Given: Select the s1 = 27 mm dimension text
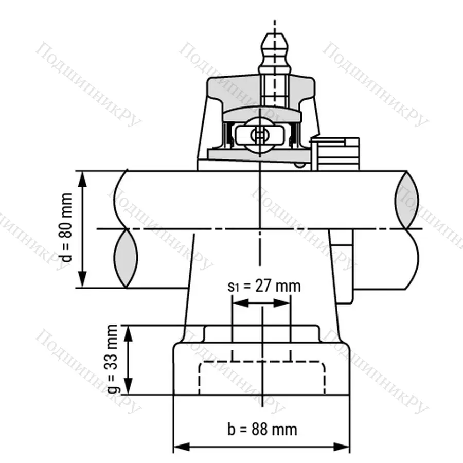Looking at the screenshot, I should coord(263,286).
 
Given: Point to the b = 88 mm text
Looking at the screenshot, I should coord(262,429).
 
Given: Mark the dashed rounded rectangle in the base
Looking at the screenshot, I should coord(262,379).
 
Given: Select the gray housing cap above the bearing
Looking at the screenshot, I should coord(261,93).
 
